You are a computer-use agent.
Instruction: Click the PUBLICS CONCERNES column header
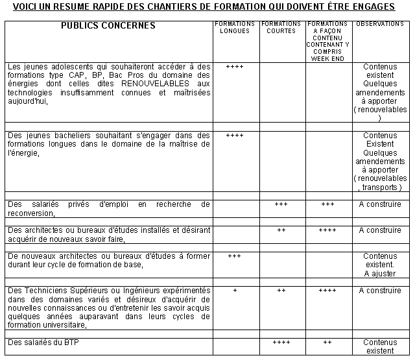(108, 26)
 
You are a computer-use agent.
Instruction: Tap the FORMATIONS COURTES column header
(281, 27)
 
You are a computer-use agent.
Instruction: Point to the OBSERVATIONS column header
(380, 24)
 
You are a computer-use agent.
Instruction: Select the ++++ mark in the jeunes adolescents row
(235, 67)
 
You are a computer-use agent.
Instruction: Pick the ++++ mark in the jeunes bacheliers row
(235, 136)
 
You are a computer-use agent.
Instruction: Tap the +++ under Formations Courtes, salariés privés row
(281, 204)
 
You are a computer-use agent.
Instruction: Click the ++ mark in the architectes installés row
(281, 230)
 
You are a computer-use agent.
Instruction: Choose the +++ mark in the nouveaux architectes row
(235, 256)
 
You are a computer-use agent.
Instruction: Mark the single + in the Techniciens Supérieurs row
(235, 291)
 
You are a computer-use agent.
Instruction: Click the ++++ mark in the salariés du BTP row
(281, 342)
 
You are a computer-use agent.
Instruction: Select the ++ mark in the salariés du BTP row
(327, 342)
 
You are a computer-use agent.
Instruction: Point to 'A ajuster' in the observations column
(379, 274)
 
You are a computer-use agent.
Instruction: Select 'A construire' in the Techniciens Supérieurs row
(380, 291)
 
